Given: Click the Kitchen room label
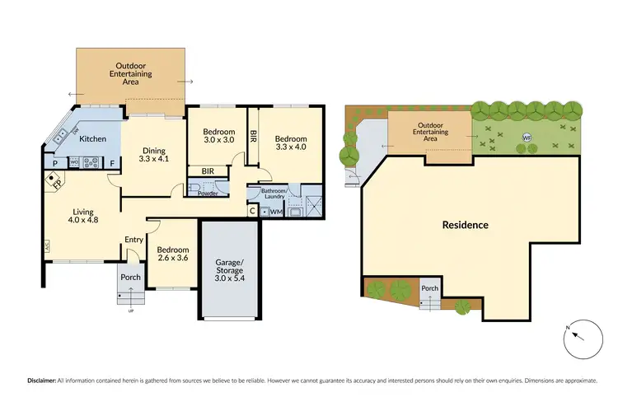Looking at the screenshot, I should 91,139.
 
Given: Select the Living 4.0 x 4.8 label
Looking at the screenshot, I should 83,217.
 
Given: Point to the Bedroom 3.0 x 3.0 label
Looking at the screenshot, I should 218,137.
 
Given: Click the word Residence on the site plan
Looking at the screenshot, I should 466,225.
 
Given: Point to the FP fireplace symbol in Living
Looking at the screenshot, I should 57,184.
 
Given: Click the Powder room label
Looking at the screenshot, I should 208,194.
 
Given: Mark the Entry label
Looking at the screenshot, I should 133,240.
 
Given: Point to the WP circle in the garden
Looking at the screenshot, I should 527,138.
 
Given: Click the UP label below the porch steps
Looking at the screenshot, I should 130,311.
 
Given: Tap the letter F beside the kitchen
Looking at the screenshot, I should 112,163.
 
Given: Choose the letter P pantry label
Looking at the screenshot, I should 54,163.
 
